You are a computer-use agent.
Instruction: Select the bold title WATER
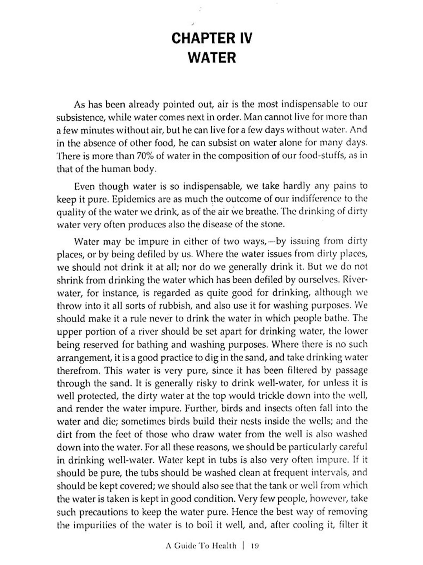pos(212,58)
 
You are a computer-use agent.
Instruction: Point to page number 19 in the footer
pos(254,546)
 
